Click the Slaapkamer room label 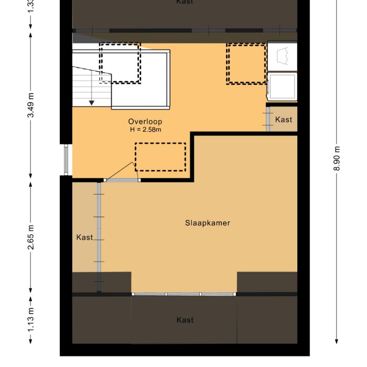click(208, 223)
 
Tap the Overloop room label click(145, 122)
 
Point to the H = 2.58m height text click(145, 129)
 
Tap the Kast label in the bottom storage click(185, 320)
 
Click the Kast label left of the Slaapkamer click(84, 238)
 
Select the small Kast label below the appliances click(284, 120)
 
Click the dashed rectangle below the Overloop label click(160, 157)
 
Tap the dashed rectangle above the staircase click(120, 63)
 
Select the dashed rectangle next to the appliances click(246, 63)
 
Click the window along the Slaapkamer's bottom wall click(183, 294)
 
